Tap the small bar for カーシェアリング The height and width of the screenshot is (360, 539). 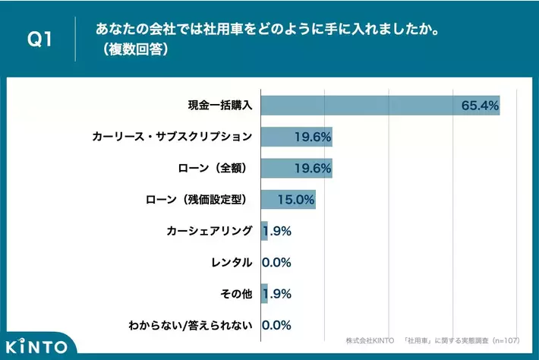coord(264,231)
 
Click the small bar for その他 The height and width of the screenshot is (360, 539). coord(264,293)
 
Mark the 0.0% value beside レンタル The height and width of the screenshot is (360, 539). coord(276,262)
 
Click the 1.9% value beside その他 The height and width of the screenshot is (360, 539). coord(278,293)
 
